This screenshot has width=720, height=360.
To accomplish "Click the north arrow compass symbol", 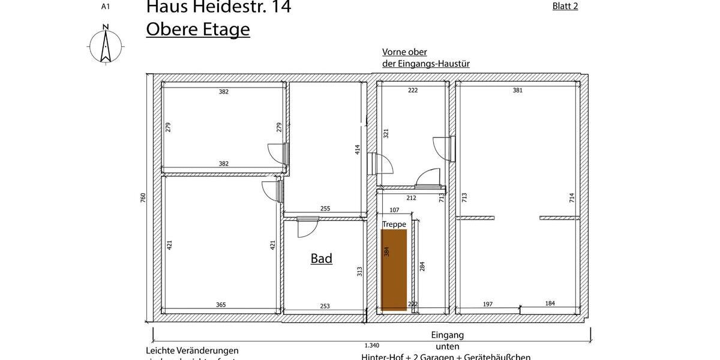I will click(106, 44).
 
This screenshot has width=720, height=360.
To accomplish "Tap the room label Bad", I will click(321, 259).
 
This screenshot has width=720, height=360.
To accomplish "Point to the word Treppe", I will click(394, 224).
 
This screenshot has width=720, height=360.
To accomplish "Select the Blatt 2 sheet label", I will click(565, 7).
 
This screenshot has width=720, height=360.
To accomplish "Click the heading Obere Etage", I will click(197, 29).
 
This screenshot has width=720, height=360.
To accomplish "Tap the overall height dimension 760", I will click(143, 197).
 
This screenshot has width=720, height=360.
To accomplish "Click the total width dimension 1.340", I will click(372, 345).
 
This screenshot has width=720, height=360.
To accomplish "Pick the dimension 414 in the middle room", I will click(357, 150).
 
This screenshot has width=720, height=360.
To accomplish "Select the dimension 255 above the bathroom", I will click(325, 209).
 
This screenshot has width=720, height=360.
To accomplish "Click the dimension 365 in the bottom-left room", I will click(221, 305).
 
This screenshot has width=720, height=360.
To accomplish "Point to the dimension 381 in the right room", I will click(517, 91).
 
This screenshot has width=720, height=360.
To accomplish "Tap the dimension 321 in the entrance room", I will click(386, 134).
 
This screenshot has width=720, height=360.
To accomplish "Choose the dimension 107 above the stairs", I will click(394, 210).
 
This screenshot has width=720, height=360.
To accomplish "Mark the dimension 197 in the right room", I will click(487, 304).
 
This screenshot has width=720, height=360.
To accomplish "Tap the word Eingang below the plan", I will click(447, 335).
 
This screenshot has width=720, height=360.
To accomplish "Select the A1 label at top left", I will click(106, 7).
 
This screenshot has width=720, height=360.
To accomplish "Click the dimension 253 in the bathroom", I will click(325, 306).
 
